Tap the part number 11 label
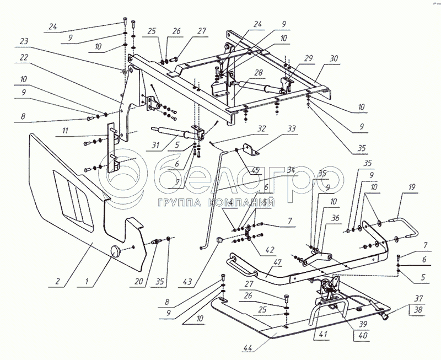[x=65, y=132]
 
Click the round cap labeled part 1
[x=117, y=251]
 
